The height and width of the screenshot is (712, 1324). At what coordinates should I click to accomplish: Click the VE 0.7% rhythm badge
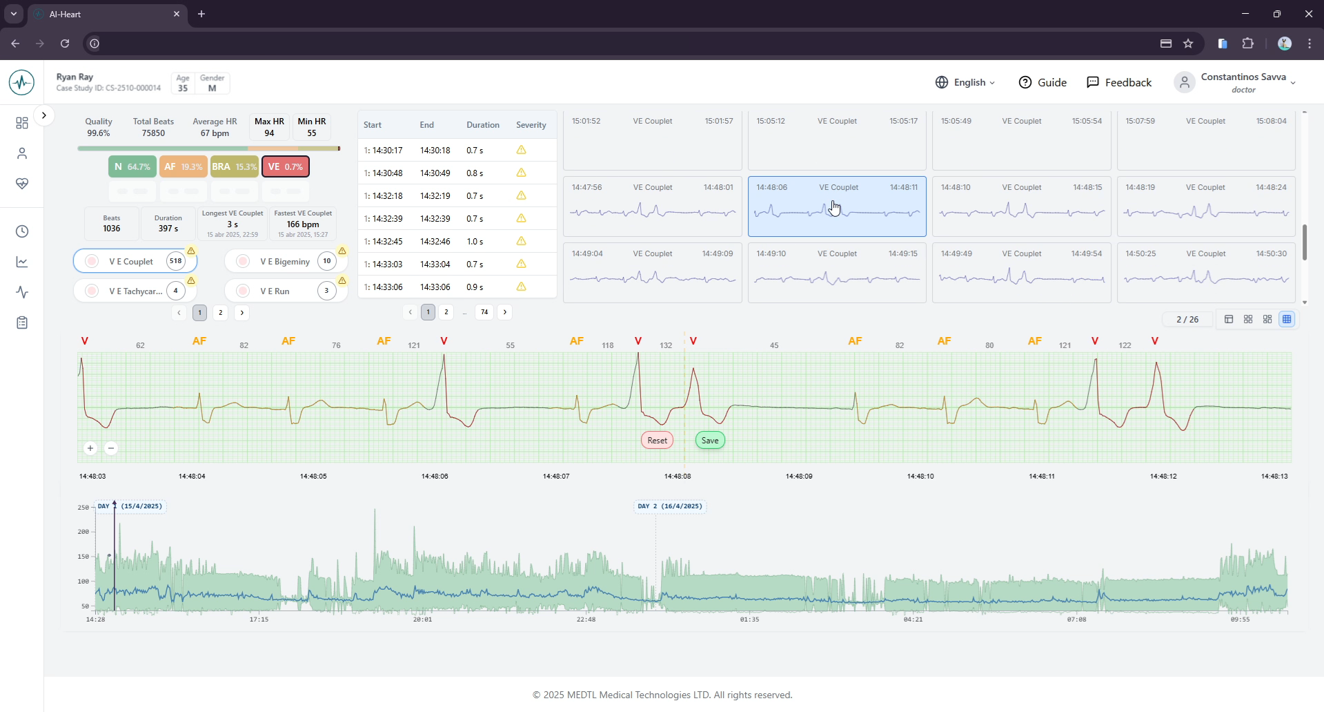click(285, 166)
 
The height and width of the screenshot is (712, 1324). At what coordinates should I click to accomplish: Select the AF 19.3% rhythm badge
click(183, 166)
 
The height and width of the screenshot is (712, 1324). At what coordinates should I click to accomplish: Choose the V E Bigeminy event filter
click(285, 261)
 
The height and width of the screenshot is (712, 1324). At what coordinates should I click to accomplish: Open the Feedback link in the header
click(1118, 82)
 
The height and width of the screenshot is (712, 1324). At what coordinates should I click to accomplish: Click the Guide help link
click(1043, 82)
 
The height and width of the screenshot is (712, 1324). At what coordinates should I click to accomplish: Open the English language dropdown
click(966, 82)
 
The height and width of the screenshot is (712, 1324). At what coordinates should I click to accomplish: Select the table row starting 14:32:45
click(455, 241)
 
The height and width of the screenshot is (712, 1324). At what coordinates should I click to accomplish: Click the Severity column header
click(531, 125)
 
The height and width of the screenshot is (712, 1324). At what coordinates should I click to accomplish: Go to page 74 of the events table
click(484, 312)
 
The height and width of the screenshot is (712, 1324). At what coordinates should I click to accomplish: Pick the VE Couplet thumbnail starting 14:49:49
click(1021, 272)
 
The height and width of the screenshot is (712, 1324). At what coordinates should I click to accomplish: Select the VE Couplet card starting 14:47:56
click(652, 206)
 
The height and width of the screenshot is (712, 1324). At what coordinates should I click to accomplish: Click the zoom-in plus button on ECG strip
click(90, 448)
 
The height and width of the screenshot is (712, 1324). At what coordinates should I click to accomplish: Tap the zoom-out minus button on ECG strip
click(111, 448)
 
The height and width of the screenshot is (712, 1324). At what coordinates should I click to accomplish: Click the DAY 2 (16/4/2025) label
click(669, 506)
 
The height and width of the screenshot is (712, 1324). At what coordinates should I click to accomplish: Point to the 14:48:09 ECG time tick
click(798, 476)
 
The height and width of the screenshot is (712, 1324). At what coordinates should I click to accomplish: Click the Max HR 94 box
click(269, 126)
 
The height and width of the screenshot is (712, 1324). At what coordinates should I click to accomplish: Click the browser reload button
click(65, 44)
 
